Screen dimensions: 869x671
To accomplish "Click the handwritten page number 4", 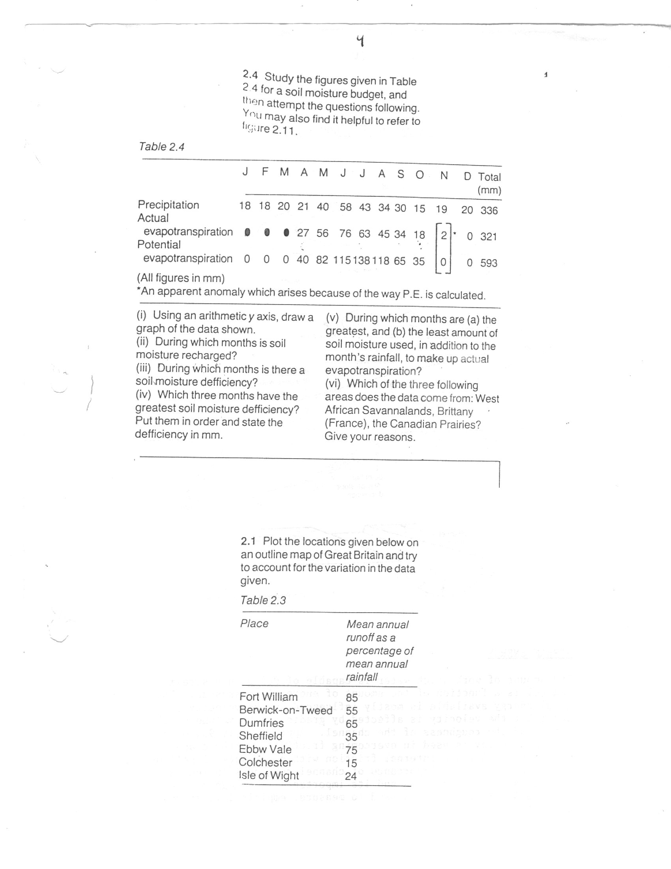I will (360, 41).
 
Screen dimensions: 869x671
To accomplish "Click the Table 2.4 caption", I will (161, 147).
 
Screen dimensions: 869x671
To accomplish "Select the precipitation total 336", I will (489, 210).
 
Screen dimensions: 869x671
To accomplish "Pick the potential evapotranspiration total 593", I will (489, 263).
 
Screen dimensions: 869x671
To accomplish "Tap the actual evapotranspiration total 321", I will (489, 236).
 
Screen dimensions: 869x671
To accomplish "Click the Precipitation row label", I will (168, 205).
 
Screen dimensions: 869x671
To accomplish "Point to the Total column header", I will (489, 177).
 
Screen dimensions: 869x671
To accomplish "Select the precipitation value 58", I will (345, 207).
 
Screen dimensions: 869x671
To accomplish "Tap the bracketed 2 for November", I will (444, 235).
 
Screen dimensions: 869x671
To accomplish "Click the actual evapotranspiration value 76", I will (345, 233).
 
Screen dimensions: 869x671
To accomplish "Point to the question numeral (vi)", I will (333, 384).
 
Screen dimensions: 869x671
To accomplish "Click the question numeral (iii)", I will (144, 368).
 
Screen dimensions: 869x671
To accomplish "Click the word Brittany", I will (454, 412).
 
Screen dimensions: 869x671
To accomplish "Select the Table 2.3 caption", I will (263, 600).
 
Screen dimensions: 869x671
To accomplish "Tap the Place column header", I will (254, 623).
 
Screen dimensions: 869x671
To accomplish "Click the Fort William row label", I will (268, 697).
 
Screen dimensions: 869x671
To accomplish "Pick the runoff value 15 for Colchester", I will (351, 763).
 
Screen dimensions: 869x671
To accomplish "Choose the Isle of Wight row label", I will (269, 775).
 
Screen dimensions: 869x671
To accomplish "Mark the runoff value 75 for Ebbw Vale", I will (351, 750).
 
